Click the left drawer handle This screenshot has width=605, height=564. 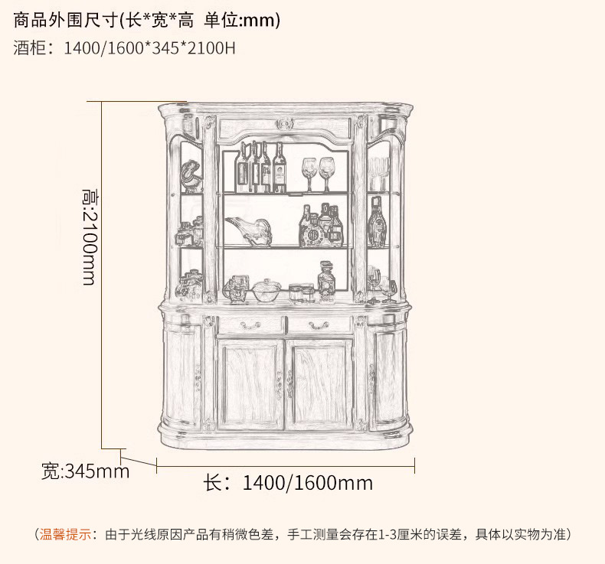(x=250, y=325)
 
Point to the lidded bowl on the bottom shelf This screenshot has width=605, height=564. (x=266, y=290)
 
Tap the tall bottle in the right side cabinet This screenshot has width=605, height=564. (x=376, y=223)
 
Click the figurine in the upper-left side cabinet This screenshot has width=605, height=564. (x=191, y=177)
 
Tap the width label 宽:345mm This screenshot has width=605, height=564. (x=85, y=471)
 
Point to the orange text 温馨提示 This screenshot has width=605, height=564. (x=66, y=534)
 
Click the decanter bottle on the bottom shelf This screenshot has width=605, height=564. (x=327, y=279)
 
